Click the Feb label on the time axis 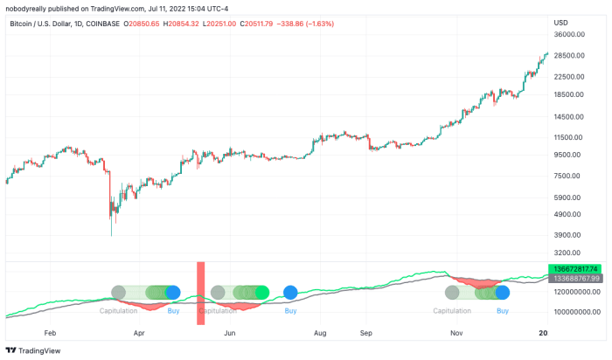coord(50,333)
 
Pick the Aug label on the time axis coord(320,333)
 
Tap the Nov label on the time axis coord(456,333)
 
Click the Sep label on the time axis coord(366,333)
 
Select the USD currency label coord(561,22)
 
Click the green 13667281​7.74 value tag coord(575,268)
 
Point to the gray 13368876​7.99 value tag coord(575,278)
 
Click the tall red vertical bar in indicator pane coord(200,294)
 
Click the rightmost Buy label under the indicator coord(503,311)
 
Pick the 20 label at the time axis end coord(542,333)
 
